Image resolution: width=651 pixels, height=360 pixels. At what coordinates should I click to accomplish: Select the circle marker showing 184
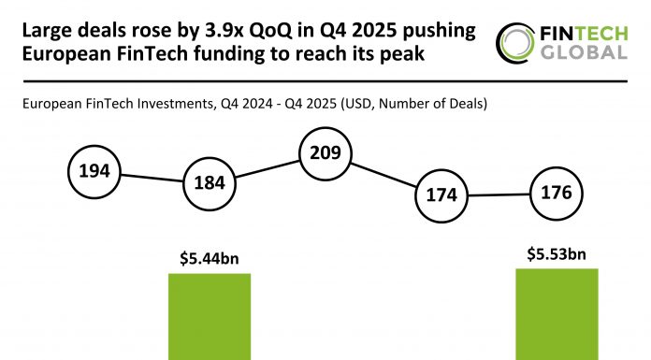click(210, 183)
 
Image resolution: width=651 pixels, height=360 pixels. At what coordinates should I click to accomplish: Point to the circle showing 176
click(557, 194)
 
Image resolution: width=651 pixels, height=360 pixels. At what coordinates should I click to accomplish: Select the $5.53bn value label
click(557, 253)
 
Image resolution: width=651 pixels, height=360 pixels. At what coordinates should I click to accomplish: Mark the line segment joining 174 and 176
click(500, 195)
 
